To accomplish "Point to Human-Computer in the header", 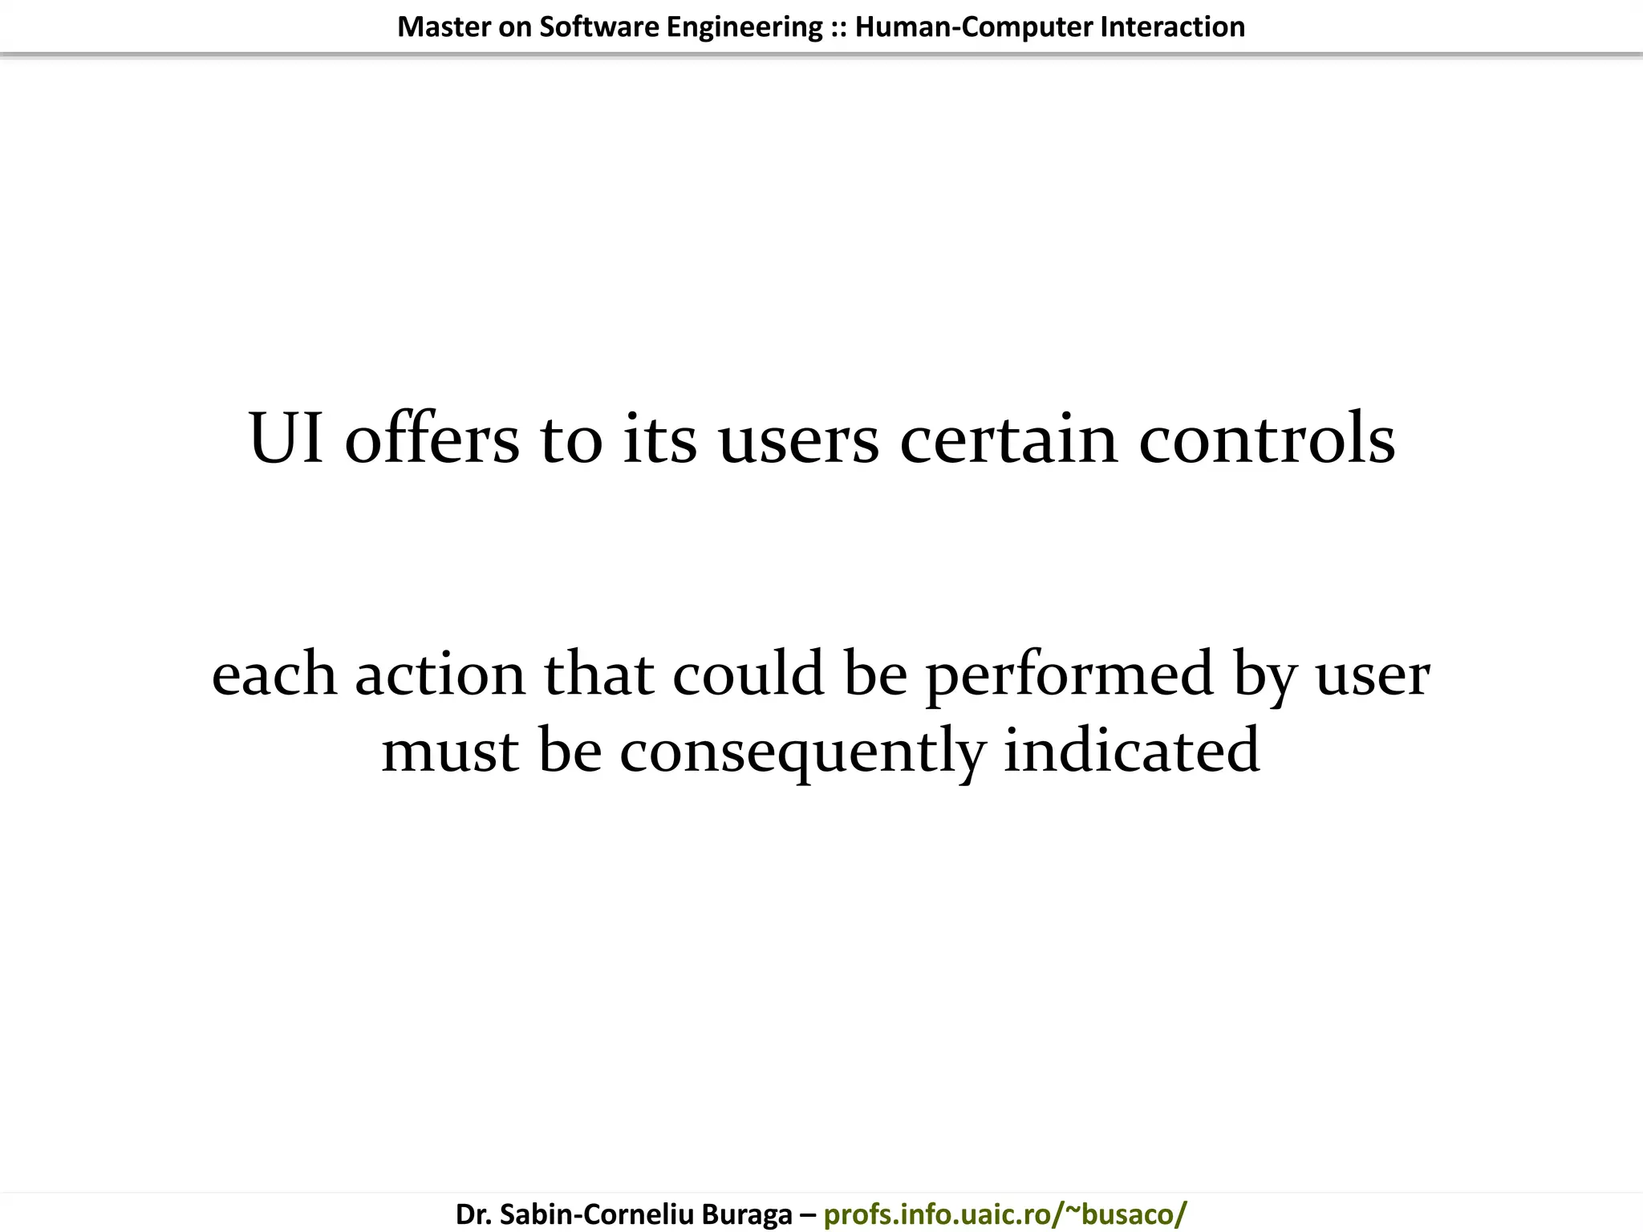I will click(974, 27).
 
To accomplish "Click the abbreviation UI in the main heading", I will click(286, 438).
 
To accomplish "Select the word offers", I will click(432, 438).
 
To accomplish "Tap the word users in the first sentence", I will click(798, 438).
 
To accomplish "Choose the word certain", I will click(1008, 438).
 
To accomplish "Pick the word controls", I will click(1267, 438).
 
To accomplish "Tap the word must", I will click(450, 751).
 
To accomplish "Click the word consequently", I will click(801, 751).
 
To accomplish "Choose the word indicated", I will click(1131, 751).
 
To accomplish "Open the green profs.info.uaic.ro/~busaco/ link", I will click(1004, 1214).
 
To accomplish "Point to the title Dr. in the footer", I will click(473, 1214).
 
